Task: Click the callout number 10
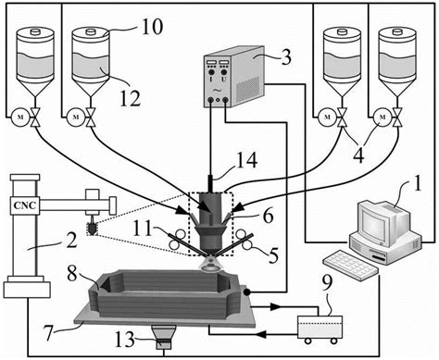(x=152, y=27)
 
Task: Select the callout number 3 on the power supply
(x=285, y=57)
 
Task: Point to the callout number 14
(x=246, y=160)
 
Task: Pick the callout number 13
(x=125, y=340)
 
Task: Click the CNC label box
(x=25, y=205)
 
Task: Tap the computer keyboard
(x=351, y=265)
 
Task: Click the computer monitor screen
(x=375, y=223)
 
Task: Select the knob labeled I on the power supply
(x=211, y=72)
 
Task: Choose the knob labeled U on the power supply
(x=223, y=72)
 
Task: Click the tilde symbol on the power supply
(x=218, y=91)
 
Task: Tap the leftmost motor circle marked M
(x=20, y=118)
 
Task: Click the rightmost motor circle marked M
(x=383, y=118)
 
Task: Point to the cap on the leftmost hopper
(x=35, y=31)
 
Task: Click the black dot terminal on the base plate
(x=246, y=292)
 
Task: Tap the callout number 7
(x=49, y=333)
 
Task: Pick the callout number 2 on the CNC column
(x=71, y=241)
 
